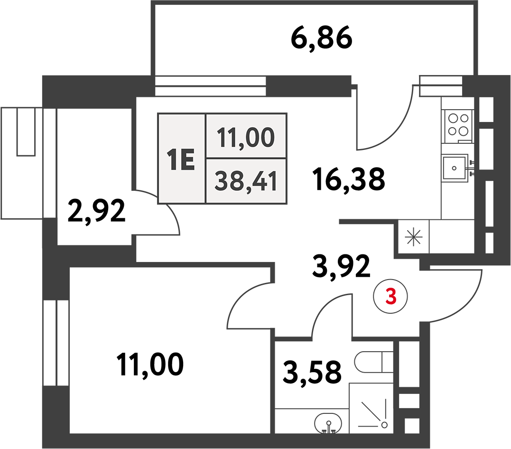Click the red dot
391,297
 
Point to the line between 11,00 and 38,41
246,159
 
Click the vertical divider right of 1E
205,159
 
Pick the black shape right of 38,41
353,178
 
